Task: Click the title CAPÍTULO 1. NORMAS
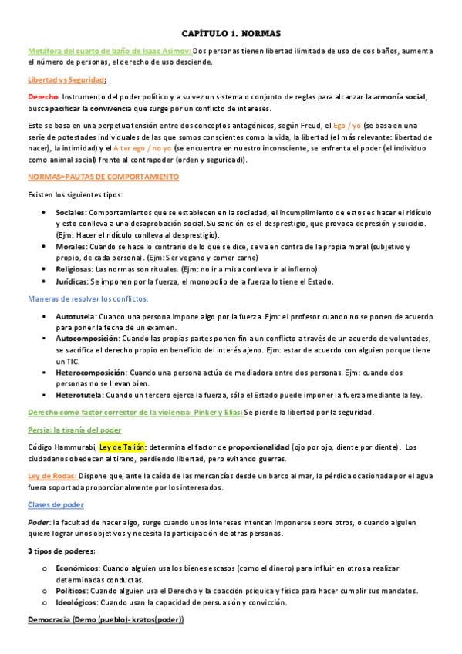tap(231, 34)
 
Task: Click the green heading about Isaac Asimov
tap(109, 51)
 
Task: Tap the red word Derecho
tap(42, 97)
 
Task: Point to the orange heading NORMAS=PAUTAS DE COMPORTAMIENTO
tap(103, 177)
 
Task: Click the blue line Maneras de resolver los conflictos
tap(88, 298)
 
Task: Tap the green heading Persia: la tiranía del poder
tap(74, 430)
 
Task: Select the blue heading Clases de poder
tap(56, 504)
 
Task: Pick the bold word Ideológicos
tap(76, 602)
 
